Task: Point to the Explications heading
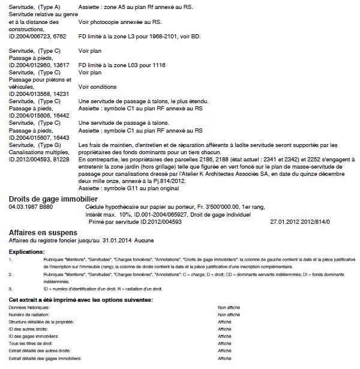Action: [27, 251]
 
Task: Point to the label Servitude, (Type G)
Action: [35, 145]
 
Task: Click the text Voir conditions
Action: [97, 86]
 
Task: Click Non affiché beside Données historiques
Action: [229, 307]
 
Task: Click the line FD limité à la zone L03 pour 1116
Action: [122, 65]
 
